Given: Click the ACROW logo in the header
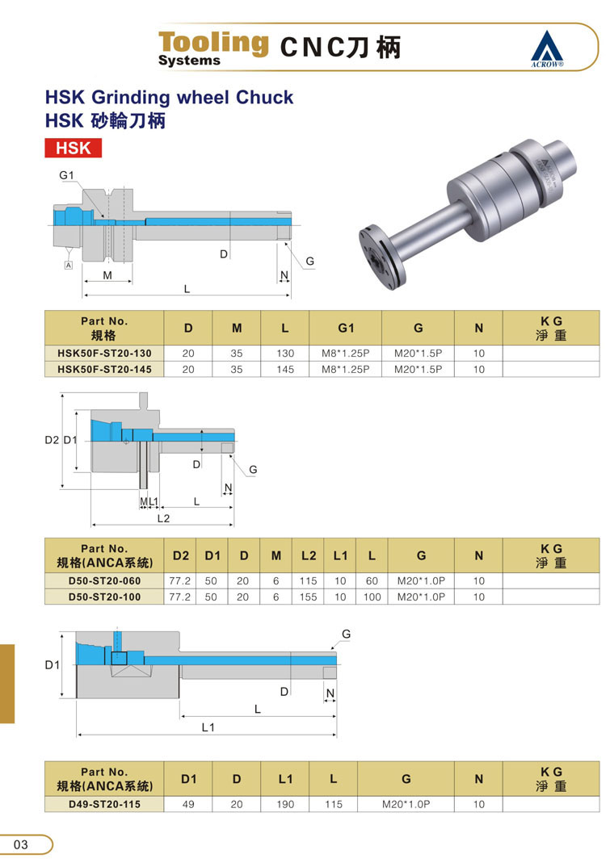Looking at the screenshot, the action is click(547, 48).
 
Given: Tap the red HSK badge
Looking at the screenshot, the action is click(73, 149).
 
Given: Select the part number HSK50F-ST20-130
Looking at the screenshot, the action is click(104, 354).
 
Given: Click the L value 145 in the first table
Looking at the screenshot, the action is click(285, 370).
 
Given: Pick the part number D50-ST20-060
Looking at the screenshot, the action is click(104, 581).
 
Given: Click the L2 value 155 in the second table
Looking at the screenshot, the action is click(309, 597).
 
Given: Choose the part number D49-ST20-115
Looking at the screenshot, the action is click(104, 804).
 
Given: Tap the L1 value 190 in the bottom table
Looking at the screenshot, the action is click(285, 805).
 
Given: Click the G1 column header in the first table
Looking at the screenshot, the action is click(346, 329).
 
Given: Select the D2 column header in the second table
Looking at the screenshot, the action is click(181, 555).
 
